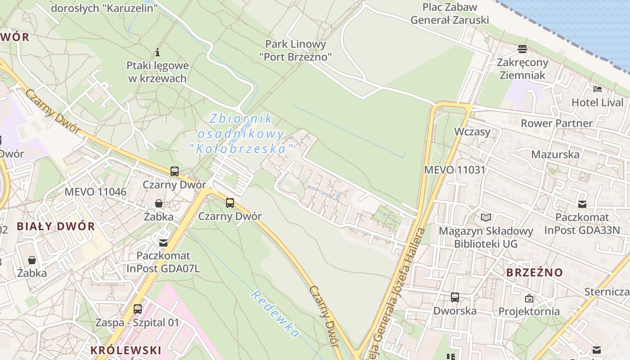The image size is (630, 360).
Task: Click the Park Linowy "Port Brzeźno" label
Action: coord(296,50)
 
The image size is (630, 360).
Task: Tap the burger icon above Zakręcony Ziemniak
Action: coord(522,49)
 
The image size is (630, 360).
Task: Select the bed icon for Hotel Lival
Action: coord(598,89)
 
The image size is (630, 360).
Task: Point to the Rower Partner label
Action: coord(557,123)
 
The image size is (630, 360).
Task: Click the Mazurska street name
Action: coord(555,154)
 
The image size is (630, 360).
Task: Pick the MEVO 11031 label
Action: coord(455,170)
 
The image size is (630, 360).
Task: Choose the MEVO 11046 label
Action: coord(95,192)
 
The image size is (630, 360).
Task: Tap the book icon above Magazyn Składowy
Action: coord(486,218)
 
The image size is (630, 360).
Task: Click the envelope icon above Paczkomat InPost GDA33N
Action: coord(582,204)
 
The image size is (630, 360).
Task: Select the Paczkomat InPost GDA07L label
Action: coord(163,262)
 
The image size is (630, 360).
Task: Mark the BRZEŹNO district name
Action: coord(535,272)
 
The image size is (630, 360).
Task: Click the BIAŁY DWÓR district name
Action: coord(56,226)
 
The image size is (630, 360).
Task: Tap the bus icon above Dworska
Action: coord(455,297)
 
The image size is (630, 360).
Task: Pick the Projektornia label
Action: coord(529,311)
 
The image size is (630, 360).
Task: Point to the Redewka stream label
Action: coord(275,314)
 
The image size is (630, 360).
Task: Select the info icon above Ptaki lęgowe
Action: coord(157,52)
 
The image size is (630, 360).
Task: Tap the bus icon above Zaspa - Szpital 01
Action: coord(138,309)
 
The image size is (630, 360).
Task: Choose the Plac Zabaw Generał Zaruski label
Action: coord(450,13)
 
